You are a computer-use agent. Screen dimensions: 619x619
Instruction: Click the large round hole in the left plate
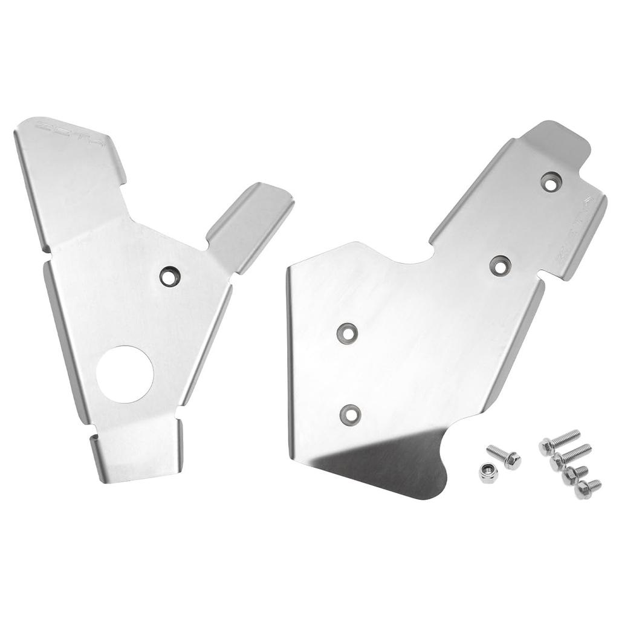(125, 374)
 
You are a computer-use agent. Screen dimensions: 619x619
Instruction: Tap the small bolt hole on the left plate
(170, 276)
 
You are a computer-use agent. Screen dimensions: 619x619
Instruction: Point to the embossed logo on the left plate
(70, 135)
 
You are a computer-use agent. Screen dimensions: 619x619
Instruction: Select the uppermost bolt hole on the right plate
(550, 181)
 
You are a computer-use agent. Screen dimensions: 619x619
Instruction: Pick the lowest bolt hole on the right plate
(350, 413)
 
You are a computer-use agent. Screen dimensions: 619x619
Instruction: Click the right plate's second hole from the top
(500, 265)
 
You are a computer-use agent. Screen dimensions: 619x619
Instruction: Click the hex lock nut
(488, 472)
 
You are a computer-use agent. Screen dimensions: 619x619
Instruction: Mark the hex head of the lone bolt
(513, 461)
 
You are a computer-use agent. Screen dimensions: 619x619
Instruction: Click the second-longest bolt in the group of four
(571, 457)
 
